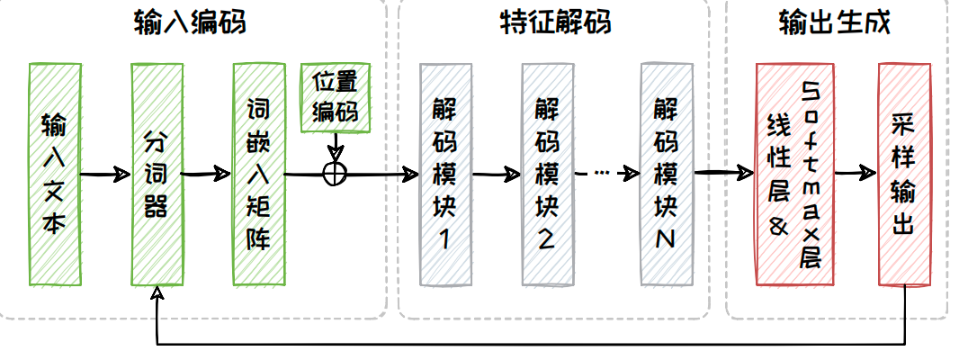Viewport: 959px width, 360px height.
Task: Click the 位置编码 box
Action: tap(334, 97)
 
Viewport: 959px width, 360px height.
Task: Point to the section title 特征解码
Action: tap(554, 22)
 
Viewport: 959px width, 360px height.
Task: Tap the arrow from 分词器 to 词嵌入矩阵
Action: tap(207, 174)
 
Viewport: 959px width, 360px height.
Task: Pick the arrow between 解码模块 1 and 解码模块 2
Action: tap(496, 174)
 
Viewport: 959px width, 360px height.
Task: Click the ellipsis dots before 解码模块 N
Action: tap(602, 173)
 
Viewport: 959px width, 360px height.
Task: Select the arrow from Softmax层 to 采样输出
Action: tap(855, 173)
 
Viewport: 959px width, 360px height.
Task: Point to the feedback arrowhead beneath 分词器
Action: tap(157, 294)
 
